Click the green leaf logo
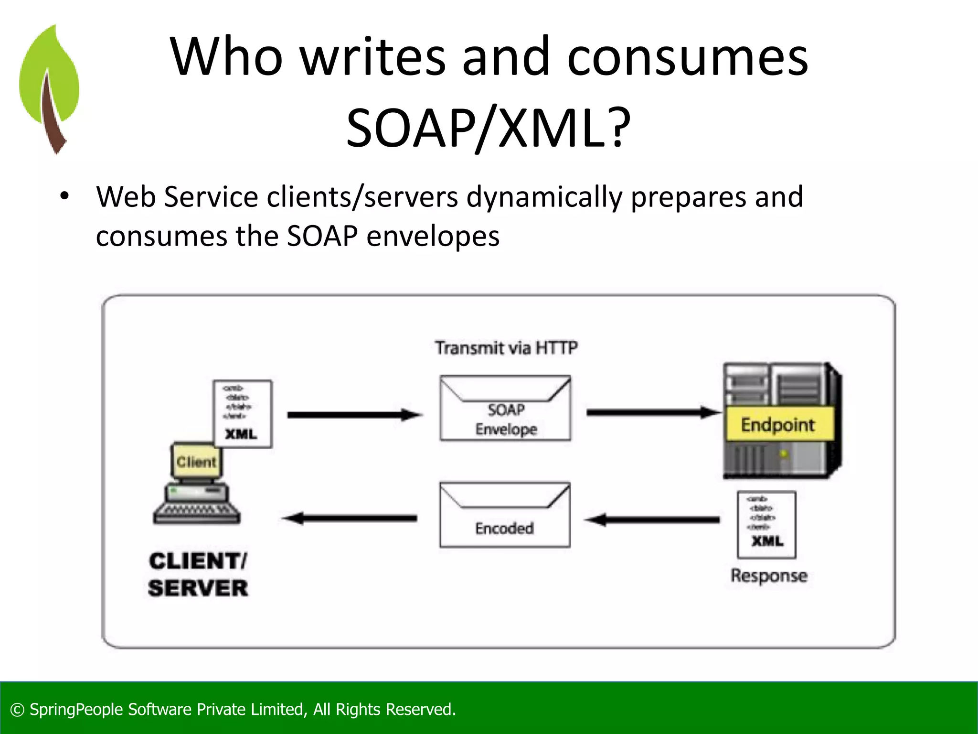coord(49,88)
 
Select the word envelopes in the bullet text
coord(433,236)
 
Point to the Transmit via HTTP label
coord(506,347)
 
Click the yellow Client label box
coord(196,462)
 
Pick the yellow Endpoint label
coord(778,424)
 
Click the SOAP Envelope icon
coord(505,408)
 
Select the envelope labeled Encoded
coord(505,515)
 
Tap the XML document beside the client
coord(243,414)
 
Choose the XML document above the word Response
coord(766,524)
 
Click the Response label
coord(769,575)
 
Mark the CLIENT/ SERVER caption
coord(198,574)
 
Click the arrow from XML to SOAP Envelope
coord(354,415)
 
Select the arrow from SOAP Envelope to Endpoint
coord(653,412)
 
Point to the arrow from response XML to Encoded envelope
coord(652,519)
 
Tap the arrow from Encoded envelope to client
coord(350,518)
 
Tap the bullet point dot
coord(64,196)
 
